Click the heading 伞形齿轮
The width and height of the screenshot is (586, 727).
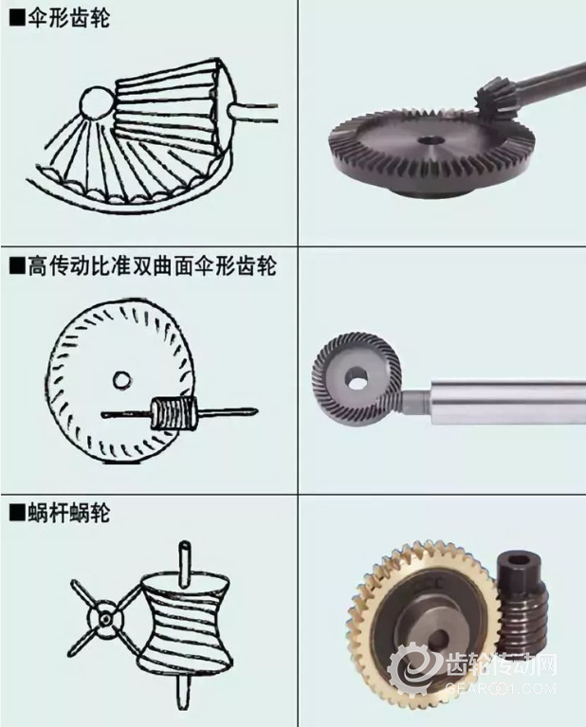(69, 20)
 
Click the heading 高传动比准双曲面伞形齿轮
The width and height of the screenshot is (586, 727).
(153, 266)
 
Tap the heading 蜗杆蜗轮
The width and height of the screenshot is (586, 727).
(69, 514)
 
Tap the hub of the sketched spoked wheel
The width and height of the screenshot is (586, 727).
(106, 619)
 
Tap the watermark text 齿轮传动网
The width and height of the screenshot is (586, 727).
(500, 665)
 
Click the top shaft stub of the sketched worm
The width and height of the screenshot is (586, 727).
(186, 559)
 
